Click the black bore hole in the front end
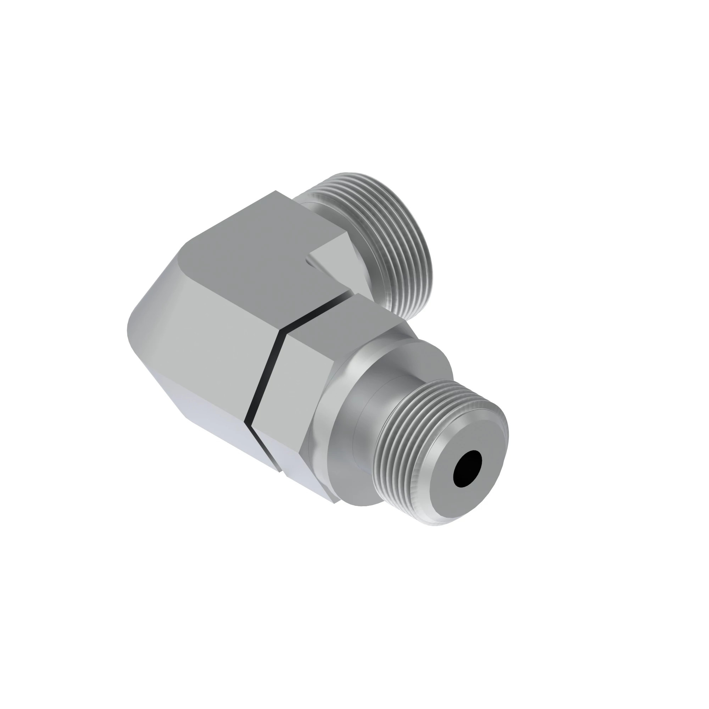click(468, 469)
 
